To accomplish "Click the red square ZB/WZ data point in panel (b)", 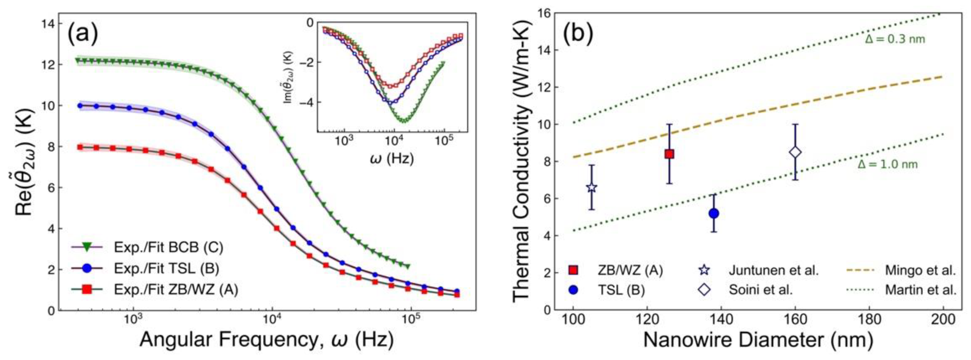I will coord(669,154).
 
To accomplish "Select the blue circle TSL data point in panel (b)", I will coord(714,213).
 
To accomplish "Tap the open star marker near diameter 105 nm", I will coord(592,187).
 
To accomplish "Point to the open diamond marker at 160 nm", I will coord(795,152).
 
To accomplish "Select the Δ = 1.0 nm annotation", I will coord(888,164).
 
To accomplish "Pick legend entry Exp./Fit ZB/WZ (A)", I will coord(176,290).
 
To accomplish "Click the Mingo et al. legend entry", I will coord(920,270).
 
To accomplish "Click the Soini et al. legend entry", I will coord(761,290).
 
